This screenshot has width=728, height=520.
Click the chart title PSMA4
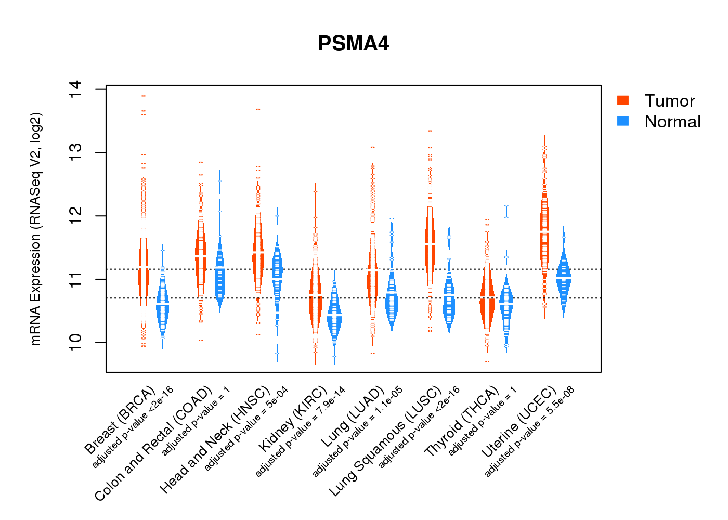click(x=354, y=44)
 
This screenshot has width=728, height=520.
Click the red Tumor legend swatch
click(x=622, y=100)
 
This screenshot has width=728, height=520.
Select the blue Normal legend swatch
click(x=622, y=121)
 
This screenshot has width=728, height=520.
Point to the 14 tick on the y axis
click(x=75, y=89)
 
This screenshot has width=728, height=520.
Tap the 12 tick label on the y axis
click(x=75, y=216)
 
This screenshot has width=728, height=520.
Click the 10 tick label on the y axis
click(x=75, y=343)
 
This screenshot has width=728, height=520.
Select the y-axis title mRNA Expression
click(x=35, y=229)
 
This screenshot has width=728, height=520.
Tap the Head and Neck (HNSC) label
click(x=215, y=439)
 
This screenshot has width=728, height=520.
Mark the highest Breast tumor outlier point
click(x=143, y=96)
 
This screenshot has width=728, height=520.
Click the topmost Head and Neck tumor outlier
click(x=258, y=109)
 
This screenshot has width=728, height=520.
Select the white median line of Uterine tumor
click(x=544, y=230)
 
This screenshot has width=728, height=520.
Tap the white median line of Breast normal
click(x=163, y=305)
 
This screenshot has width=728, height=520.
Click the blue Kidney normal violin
click(x=334, y=317)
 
